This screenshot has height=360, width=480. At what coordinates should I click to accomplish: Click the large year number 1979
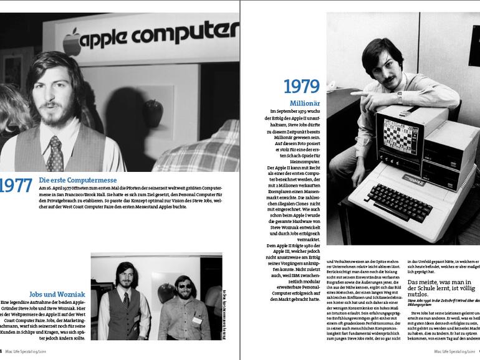(301, 87)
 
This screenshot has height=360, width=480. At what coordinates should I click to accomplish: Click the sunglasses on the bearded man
(185, 287)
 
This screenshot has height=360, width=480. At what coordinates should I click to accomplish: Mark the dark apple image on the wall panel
(153, 112)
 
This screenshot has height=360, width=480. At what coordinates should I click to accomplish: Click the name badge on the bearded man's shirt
(197, 320)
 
